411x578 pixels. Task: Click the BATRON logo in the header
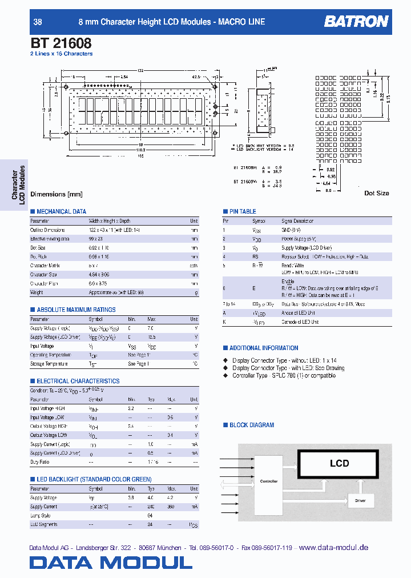coord(356,22)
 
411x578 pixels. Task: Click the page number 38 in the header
coord(38,22)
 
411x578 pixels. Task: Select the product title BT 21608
coord(60,42)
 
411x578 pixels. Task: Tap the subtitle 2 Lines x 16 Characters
coord(61,54)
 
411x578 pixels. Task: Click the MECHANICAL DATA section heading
coord(61,211)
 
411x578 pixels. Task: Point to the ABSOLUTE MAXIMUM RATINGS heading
coord(76,310)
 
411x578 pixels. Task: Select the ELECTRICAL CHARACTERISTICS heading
coord(78,381)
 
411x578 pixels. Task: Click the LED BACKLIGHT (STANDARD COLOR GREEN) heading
coord(94,479)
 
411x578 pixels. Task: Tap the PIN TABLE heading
coord(243,211)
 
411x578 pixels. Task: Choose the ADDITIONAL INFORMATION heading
coord(263,348)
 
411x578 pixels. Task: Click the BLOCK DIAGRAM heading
coord(251,425)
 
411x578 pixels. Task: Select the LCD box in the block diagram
coord(339,463)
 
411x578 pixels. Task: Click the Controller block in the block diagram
coord(269,481)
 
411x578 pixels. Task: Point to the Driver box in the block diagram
coord(360,500)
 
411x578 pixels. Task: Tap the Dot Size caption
coord(376,193)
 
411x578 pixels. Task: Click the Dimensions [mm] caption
coord(57,194)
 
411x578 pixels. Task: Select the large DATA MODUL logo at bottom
coord(111,563)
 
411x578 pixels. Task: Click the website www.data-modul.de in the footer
coord(333,547)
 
